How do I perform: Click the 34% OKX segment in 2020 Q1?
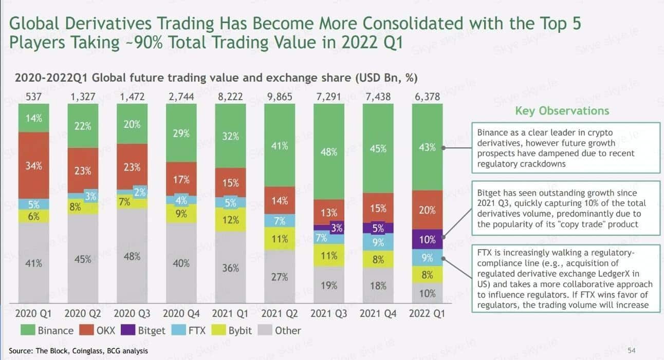click(x=33, y=165)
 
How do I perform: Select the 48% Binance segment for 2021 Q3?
click(x=329, y=152)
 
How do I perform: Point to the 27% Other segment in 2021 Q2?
click(x=280, y=277)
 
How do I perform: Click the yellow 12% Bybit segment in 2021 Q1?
click(x=231, y=220)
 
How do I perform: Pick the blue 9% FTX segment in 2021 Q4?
click(x=378, y=242)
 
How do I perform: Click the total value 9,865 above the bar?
click(x=280, y=96)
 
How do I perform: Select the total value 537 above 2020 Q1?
click(x=33, y=96)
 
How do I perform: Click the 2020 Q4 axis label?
click(x=181, y=313)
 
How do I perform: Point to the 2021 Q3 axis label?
click(x=329, y=313)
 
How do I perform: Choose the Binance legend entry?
click(x=49, y=330)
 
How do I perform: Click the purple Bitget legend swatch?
click(x=129, y=330)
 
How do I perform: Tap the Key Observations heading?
click(x=562, y=111)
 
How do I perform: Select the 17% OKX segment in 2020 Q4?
click(x=181, y=179)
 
